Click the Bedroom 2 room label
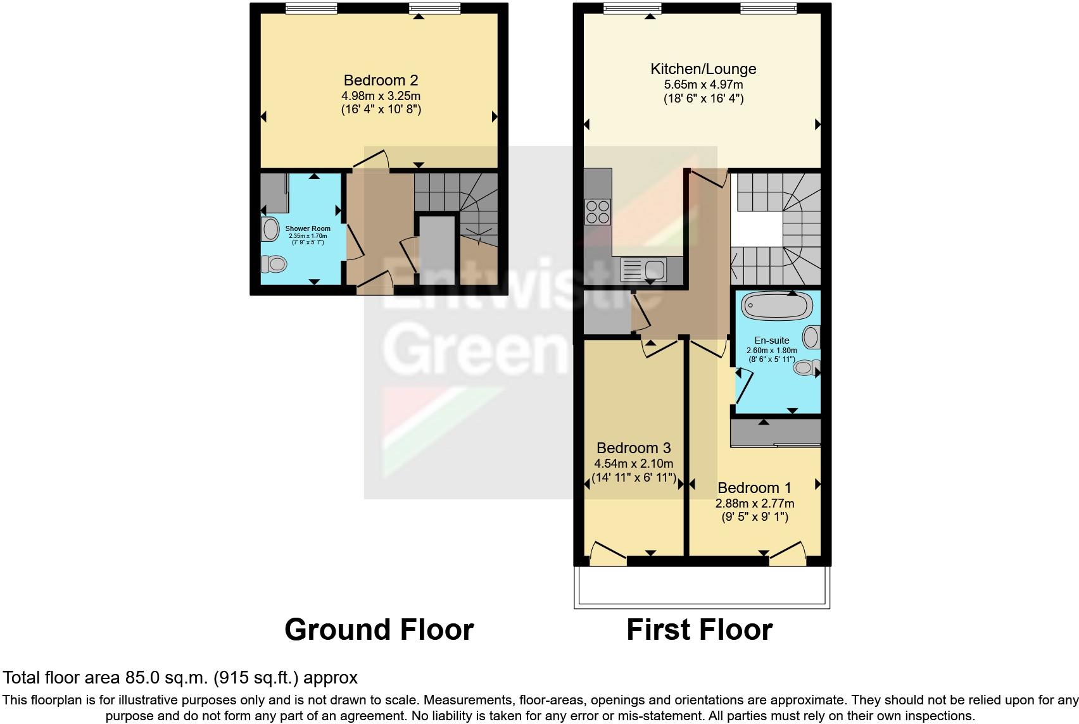coord(381,80)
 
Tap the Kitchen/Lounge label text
coord(703,69)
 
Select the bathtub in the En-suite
coord(776,306)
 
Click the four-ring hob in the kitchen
coord(598,212)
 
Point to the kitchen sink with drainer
coord(643,270)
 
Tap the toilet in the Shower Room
coord(274,263)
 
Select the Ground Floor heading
coord(379,630)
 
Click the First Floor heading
coord(699,630)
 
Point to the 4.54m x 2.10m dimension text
coord(633,463)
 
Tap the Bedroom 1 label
coord(754,488)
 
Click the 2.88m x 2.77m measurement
coord(754,504)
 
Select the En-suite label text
coord(771,340)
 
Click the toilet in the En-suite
coord(807,367)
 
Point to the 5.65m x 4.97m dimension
coord(703,85)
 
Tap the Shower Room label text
coord(308,228)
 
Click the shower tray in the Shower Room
coord(275,193)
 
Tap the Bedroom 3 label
coord(633,448)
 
